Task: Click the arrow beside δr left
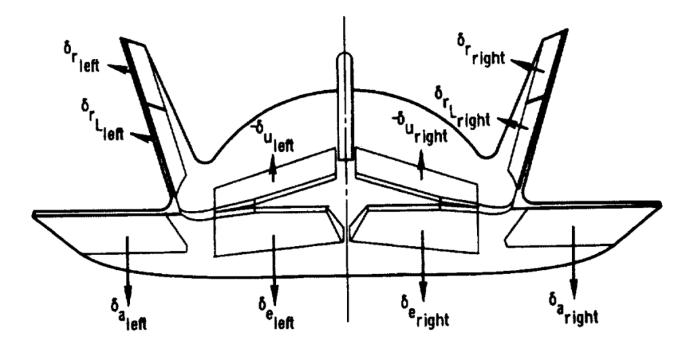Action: point(123,68)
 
